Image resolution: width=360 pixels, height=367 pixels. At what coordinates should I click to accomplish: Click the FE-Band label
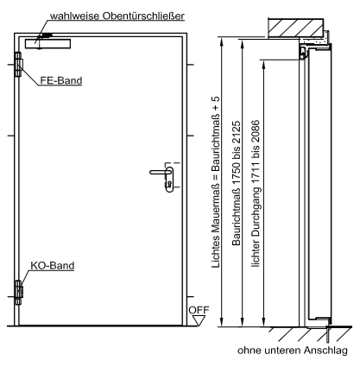(61, 80)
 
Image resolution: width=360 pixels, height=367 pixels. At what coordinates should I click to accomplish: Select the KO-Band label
(53, 265)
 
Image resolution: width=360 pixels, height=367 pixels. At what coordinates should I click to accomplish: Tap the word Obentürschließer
(143, 16)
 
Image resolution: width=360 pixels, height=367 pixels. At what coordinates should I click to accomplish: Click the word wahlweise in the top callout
(75, 16)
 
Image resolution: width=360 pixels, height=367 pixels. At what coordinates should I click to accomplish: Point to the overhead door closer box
(47, 43)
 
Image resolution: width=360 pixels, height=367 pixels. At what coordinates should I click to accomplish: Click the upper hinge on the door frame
(18, 65)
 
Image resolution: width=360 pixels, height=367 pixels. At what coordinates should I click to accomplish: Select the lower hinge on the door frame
(18, 293)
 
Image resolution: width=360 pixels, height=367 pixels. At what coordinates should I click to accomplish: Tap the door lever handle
(161, 172)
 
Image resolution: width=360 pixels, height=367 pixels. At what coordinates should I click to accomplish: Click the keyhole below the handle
(169, 183)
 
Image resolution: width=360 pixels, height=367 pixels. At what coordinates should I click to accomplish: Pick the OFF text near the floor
(199, 310)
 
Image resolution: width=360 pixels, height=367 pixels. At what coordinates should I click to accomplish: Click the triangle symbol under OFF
(199, 320)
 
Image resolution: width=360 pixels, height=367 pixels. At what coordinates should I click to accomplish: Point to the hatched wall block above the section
(296, 28)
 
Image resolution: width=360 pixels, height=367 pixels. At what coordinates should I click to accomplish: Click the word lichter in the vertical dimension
(256, 256)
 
